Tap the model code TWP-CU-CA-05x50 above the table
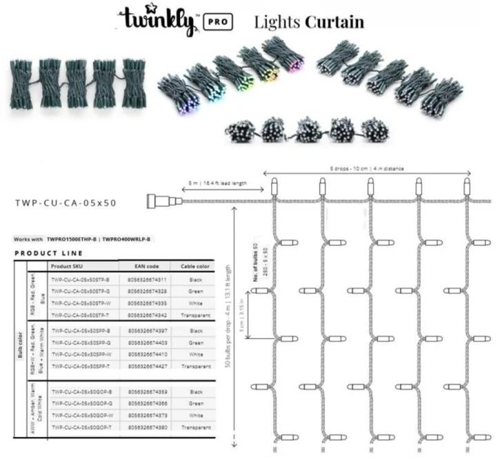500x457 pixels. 66,203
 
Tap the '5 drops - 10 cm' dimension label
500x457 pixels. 366,167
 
